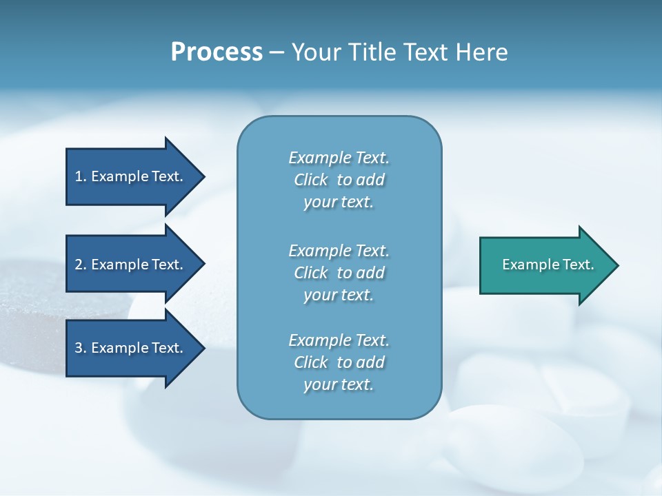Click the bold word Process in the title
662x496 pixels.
point(217,52)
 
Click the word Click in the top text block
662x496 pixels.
point(311,180)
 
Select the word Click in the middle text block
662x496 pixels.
point(311,273)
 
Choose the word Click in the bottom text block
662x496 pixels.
point(311,362)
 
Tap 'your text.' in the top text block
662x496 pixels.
point(339,203)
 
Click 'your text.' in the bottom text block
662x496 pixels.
point(339,385)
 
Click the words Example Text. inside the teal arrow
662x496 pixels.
point(548,265)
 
